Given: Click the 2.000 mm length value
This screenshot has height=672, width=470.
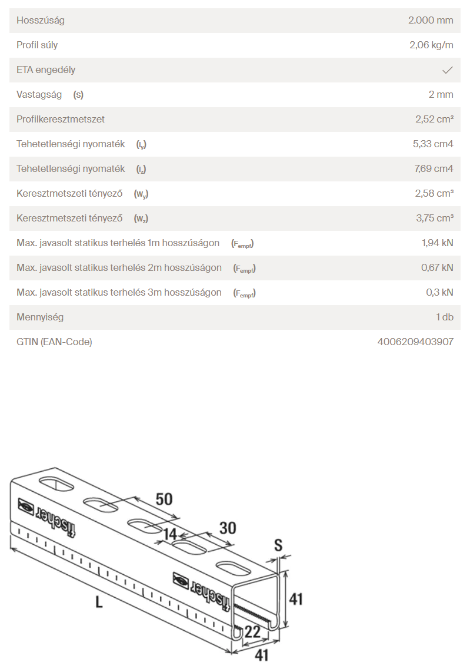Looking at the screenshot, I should [431, 21].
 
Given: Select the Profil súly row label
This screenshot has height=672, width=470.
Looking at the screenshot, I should [37, 45].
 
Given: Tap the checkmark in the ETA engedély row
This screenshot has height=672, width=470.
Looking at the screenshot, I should [447, 70].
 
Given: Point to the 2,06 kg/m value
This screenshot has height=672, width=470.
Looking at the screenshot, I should [431, 45].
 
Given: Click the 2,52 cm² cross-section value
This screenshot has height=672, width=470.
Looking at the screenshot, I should [434, 120].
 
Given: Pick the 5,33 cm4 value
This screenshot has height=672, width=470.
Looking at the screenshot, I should [433, 144].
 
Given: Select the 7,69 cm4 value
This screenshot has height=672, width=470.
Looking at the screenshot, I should [433, 169].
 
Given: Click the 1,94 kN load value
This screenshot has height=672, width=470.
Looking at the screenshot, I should [437, 243].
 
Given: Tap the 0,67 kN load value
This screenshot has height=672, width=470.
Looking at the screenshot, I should [437, 268].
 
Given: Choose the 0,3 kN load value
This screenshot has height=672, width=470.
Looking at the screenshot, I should [439, 293].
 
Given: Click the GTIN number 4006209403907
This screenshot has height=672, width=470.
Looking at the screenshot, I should [415, 342].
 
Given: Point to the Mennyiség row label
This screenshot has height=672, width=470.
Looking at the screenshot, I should [40, 317].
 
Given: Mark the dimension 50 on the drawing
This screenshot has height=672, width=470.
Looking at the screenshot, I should [164, 499].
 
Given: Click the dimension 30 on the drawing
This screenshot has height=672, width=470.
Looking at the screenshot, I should [227, 527].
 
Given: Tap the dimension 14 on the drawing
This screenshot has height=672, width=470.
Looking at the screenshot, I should [170, 534].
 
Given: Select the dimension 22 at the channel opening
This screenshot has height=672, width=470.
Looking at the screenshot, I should [252, 632].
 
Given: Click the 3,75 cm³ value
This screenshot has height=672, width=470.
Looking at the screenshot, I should [434, 219].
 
